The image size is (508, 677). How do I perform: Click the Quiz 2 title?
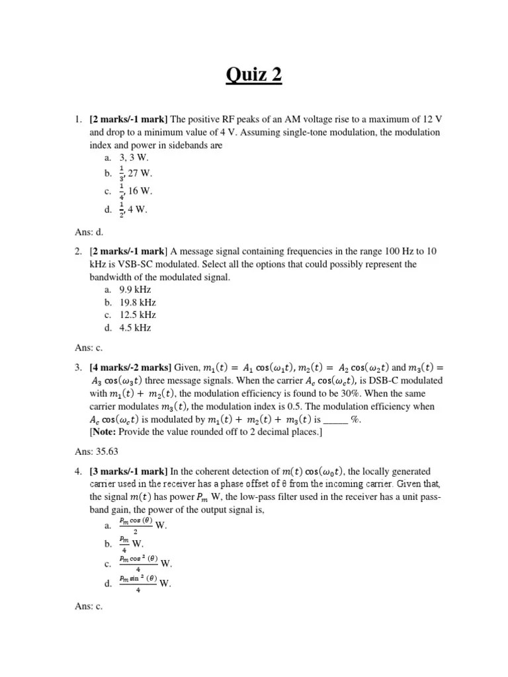[254, 75]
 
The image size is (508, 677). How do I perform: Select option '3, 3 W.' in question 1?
[134, 159]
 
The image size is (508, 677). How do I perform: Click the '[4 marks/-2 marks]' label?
[130, 368]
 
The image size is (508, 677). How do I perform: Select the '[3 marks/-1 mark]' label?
[128, 471]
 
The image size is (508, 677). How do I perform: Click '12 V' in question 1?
[430, 119]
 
